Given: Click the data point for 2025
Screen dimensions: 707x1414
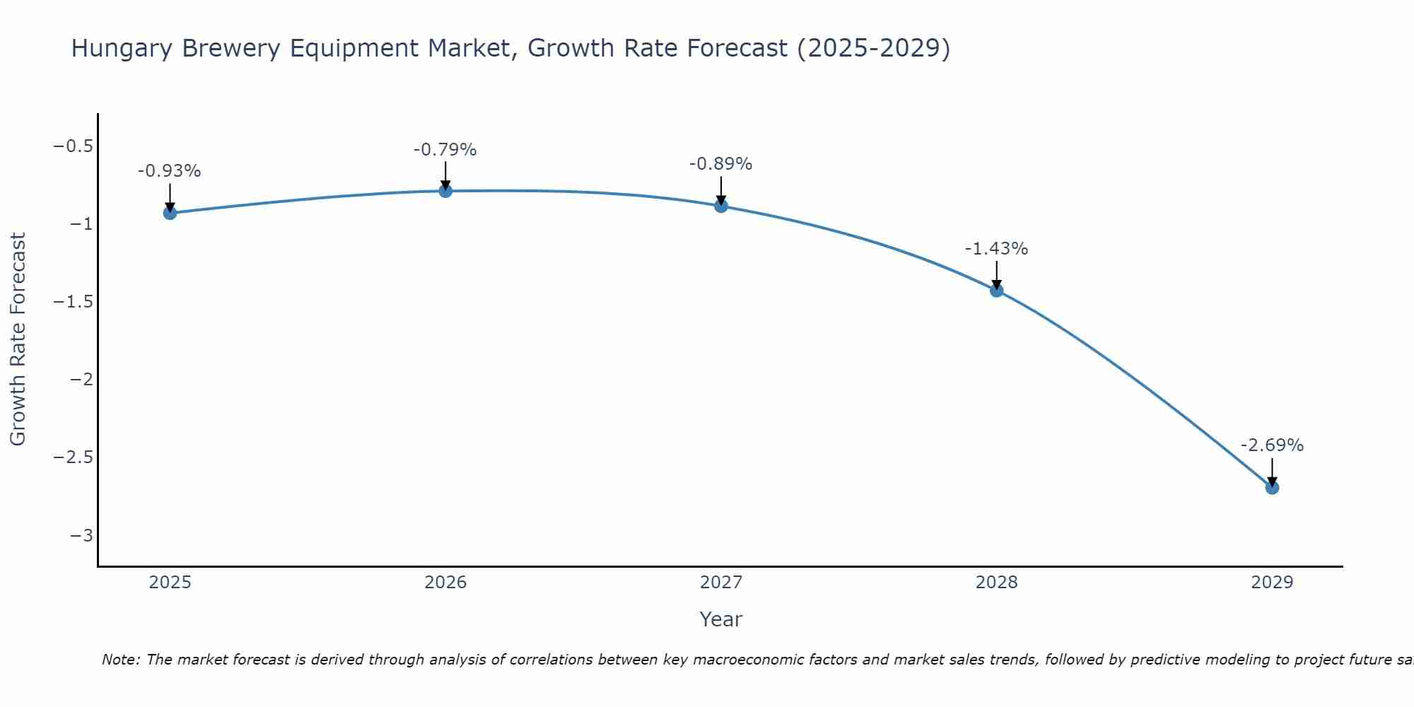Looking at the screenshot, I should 170,213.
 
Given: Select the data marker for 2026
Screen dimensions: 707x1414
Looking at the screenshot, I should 445,191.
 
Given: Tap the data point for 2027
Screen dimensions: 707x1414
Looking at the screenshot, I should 721,206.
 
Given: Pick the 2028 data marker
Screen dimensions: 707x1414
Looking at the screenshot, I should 997,290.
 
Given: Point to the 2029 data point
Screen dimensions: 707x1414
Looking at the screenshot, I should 1272,487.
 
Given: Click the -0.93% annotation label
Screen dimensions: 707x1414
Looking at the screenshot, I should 170,171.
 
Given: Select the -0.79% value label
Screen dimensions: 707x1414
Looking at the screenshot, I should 445,150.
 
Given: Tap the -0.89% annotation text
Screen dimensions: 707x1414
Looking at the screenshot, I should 721,164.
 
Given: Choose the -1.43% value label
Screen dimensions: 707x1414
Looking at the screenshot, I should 997,249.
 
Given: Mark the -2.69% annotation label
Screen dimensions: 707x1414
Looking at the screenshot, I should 1272,445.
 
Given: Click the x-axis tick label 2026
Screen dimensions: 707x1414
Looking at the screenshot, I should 445,583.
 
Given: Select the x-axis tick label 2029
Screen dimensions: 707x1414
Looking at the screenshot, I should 1272,583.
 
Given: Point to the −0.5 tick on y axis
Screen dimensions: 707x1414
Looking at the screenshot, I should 73,146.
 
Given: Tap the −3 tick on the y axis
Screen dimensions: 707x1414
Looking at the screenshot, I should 81,535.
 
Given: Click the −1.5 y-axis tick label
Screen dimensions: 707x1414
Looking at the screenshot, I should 73,302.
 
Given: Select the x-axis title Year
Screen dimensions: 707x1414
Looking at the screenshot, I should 721,619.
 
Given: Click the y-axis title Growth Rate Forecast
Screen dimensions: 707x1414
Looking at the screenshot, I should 18,339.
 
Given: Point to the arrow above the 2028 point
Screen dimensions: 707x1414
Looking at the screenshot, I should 997,274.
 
